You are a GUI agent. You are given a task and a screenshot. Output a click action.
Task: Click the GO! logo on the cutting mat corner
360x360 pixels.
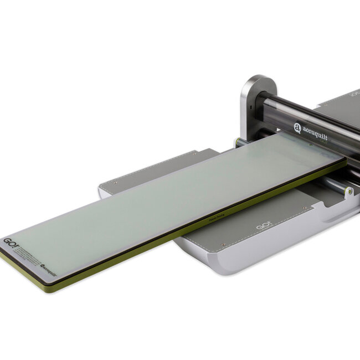click(11, 242)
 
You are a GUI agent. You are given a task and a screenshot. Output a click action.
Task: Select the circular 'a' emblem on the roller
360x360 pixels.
click(297, 128)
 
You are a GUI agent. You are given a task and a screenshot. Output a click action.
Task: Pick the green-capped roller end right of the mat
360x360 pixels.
click(348, 191)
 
